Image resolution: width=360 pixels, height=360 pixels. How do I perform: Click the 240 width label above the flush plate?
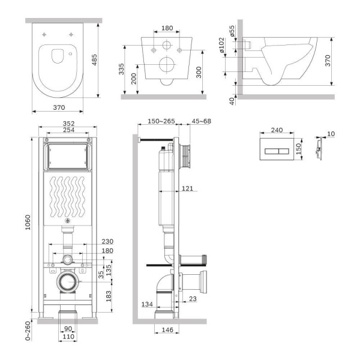click(x=277, y=130)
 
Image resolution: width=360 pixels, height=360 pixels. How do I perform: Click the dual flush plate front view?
click(x=277, y=148)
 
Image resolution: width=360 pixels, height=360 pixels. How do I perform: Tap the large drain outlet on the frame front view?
click(x=68, y=281)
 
